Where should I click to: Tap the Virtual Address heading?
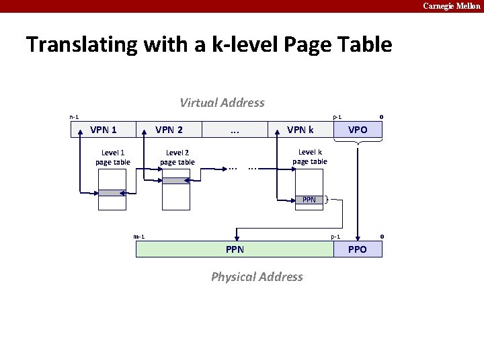(x=222, y=103)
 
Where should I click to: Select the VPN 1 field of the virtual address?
(x=104, y=130)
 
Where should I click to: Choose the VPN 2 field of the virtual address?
(x=169, y=130)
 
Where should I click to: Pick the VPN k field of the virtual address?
(x=300, y=130)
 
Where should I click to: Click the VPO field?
(x=358, y=130)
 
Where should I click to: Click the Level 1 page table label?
(x=112, y=157)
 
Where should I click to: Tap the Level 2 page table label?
(x=177, y=157)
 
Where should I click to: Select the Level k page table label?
(x=310, y=157)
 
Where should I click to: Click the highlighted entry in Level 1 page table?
(x=112, y=193)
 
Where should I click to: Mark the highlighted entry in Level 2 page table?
(x=177, y=180)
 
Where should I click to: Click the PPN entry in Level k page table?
(x=309, y=200)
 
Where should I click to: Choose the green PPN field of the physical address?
(x=235, y=249)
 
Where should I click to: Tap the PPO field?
(x=358, y=249)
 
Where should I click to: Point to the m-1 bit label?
(x=139, y=237)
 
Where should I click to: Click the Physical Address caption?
(x=257, y=277)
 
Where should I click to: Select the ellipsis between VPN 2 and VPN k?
(x=235, y=130)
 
